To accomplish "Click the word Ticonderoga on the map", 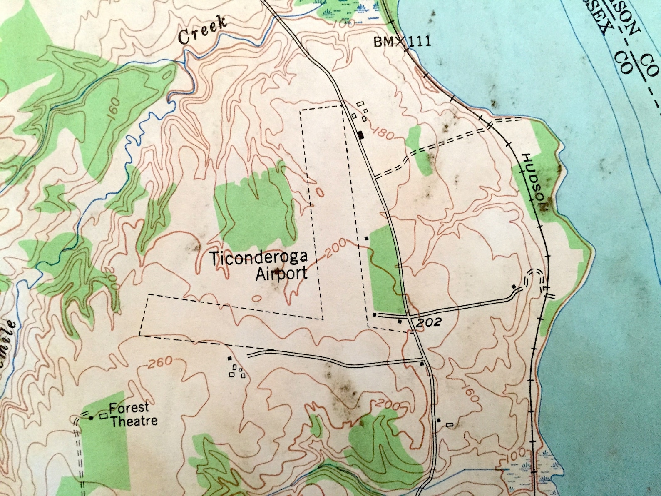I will tap(258, 258).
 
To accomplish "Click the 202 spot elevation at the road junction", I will tap(427, 322).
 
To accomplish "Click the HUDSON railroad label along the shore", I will tap(536, 182).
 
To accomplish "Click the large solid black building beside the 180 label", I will tap(361, 135).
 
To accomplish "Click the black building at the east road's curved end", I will tap(514, 287).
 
